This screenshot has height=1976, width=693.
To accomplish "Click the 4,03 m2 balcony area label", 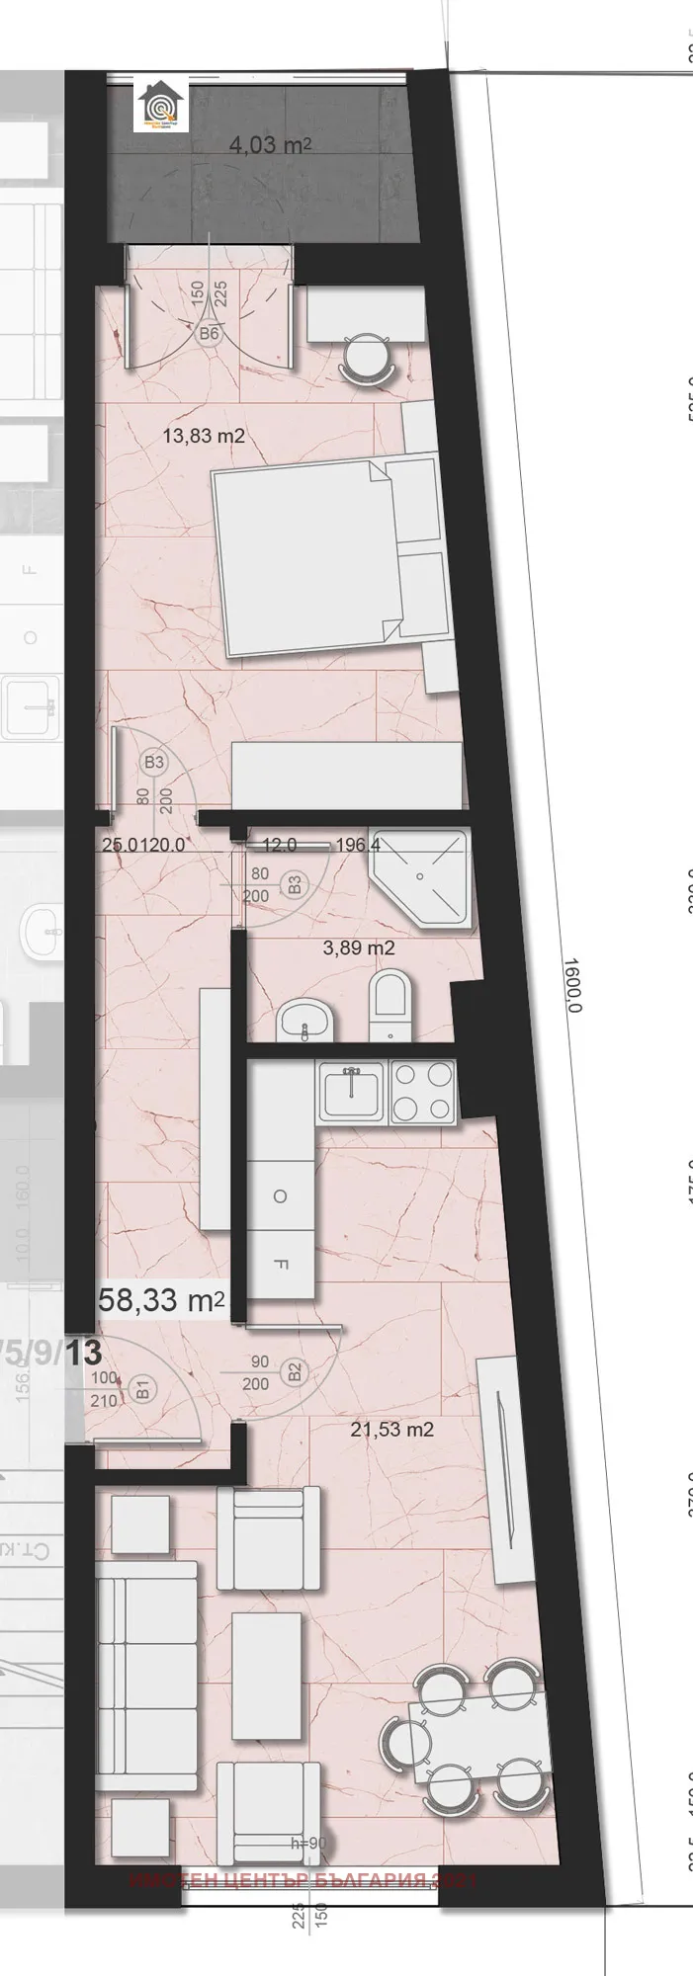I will tap(270, 145).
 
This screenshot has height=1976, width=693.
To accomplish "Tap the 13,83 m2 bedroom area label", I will tap(204, 435).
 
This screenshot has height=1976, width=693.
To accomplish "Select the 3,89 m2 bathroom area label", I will tap(359, 948).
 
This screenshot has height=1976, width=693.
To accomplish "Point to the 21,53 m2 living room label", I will tap(391, 1429).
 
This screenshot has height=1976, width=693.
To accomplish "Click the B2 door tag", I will tap(294, 1372).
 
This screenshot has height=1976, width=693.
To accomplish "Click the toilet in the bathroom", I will tap(390, 1005).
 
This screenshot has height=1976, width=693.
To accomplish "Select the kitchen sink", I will tap(352, 1092).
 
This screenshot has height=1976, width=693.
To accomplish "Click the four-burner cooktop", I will tap(423, 1092).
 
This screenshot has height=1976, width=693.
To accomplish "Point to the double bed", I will tap(325, 559).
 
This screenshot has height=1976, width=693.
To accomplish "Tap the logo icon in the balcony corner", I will tap(160, 107).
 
